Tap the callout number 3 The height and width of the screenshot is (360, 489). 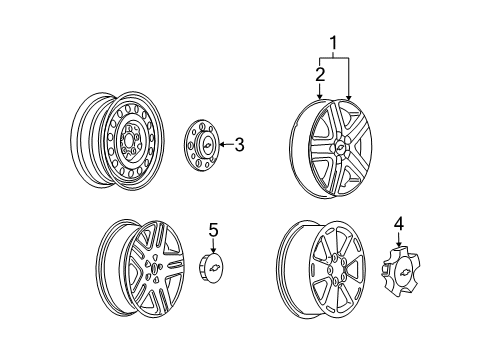[239, 146]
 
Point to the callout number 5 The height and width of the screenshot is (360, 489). [212, 232]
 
